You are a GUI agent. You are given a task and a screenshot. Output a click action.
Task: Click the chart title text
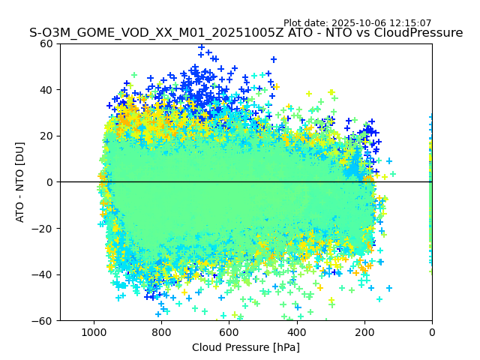click(x=246, y=33)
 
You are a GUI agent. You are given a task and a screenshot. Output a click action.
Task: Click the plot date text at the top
click(x=357, y=23)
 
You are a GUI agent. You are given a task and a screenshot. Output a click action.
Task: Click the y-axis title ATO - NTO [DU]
click(x=20, y=182)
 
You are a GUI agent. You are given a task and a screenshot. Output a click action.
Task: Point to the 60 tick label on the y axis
click(x=46, y=43)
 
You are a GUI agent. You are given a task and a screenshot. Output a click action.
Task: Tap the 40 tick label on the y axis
click(x=46, y=90)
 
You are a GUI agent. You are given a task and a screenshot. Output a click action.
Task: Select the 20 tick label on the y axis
click(x=46, y=136)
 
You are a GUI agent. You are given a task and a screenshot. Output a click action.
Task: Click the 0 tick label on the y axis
click(x=49, y=182)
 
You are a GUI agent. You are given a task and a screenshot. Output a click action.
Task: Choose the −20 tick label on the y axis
click(x=43, y=229)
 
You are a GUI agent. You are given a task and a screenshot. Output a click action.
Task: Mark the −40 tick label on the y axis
click(x=43, y=274)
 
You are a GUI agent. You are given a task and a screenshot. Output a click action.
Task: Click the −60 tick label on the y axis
click(x=43, y=321)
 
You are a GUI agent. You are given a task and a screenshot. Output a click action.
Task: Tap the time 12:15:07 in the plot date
click(x=411, y=23)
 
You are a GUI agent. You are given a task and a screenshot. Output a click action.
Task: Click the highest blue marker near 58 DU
click(x=201, y=47)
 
